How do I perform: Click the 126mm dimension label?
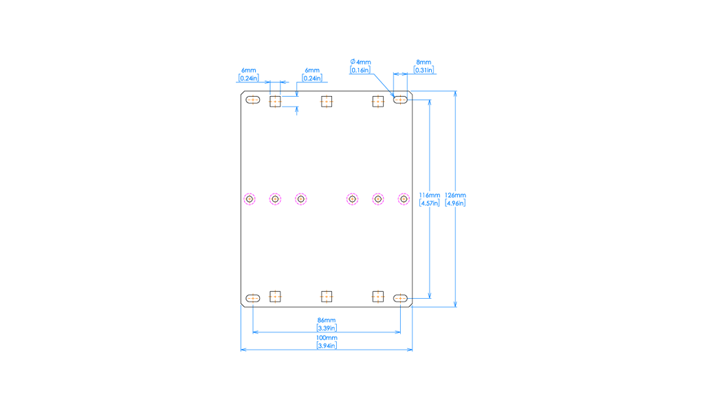pos(455,195)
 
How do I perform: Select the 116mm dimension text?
pos(430,195)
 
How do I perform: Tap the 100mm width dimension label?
pos(327,338)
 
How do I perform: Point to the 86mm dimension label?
pos(327,320)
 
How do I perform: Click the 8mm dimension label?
pos(423,62)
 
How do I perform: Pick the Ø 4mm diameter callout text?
pos(360,62)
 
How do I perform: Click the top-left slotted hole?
pos(253,100)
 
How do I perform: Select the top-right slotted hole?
pos(401,100)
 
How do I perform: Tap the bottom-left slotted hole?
pos(253,298)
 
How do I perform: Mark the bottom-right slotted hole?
pos(401,298)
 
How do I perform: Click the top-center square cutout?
pos(327,102)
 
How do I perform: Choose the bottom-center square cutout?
pos(327,297)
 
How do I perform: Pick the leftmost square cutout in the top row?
pos(275,102)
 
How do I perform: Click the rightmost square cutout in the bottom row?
pos(377,297)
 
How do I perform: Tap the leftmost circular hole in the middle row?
pos(250,199)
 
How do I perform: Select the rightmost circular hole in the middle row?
pos(404,199)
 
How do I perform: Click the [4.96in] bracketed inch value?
pos(455,203)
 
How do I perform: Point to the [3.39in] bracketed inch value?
pos(327,328)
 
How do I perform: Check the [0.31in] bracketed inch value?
pos(423,70)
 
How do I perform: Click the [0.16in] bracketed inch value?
pos(360,70)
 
